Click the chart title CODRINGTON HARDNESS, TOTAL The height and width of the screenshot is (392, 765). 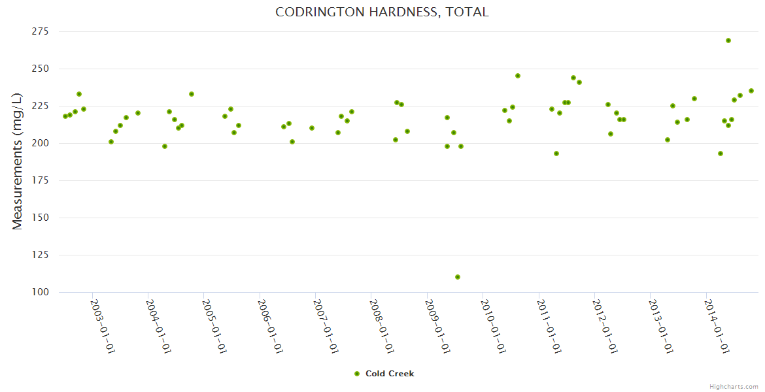(x=382, y=12)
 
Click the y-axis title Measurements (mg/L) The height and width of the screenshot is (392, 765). (x=18, y=162)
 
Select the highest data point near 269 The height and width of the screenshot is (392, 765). (x=728, y=41)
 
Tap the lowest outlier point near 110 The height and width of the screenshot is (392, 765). (x=458, y=277)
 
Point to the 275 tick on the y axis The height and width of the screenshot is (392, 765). (x=41, y=31)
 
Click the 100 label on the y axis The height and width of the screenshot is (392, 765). (x=41, y=292)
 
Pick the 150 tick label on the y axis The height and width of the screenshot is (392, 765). (x=41, y=218)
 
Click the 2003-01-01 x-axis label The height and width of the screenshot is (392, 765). (x=102, y=327)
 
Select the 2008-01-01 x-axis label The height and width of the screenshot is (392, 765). (x=381, y=327)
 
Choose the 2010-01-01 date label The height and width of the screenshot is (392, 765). (x=492, y=327)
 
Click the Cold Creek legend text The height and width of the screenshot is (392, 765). (x=390, y=374)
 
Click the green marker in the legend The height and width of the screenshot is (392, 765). (x=357, y=374)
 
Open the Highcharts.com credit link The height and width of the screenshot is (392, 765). (x=734, y=386)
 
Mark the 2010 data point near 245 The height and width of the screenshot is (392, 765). (x=518, y=76)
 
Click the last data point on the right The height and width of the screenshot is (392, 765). (x=751, y=91)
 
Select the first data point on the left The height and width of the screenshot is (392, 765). (x=65, y=116)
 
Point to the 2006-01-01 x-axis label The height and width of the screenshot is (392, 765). (x=269, y=327)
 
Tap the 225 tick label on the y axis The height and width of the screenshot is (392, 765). (x=41, y=106)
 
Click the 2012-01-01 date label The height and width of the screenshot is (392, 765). (x=604, y=327)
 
